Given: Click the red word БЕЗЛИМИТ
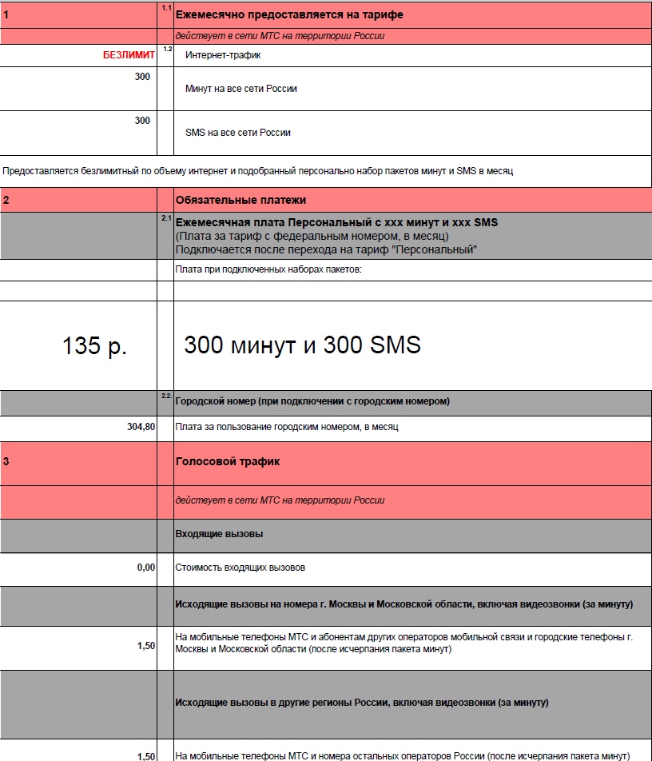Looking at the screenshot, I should click(129, 55).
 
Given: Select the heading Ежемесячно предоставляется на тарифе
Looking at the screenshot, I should click(289, 15).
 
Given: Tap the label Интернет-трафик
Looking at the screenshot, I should click(223, 55).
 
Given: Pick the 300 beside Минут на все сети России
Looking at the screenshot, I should click(142, 77).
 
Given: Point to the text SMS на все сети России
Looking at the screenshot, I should click(237, 133).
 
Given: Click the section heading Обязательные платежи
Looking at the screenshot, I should click(241, 200).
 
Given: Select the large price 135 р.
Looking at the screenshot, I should click(94, 346).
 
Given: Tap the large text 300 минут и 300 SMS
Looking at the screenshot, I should click(302, 345).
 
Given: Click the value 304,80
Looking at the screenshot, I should click(141, 427).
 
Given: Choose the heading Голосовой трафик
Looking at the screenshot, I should click(228, 462).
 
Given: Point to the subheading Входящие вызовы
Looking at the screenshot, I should click(219, 533).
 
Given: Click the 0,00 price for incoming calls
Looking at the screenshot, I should click(145, 568).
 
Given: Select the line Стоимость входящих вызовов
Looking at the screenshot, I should click(240, 568).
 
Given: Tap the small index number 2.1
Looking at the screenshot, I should click(166, 217).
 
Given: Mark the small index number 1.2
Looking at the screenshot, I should click(167, 50).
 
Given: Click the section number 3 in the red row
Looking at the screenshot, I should click(6, 462).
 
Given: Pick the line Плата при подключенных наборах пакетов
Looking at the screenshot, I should click(268, 270).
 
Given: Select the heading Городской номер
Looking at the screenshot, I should click(312, 400).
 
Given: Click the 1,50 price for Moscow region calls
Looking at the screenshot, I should click(145, 645).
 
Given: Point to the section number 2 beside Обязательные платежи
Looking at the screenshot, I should click(6, 200).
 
